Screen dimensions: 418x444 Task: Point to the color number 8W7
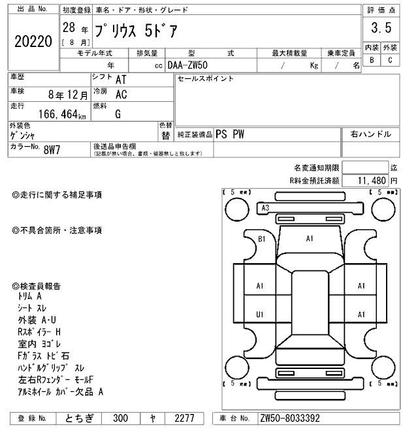52,150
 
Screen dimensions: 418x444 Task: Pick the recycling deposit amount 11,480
369,180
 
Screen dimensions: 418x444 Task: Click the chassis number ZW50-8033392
290,418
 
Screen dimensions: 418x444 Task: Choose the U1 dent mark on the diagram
259,315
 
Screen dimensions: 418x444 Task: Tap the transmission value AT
121,80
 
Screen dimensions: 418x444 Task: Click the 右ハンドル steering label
371,134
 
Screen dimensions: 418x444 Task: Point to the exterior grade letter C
390,60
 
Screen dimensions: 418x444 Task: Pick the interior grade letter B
372,60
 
